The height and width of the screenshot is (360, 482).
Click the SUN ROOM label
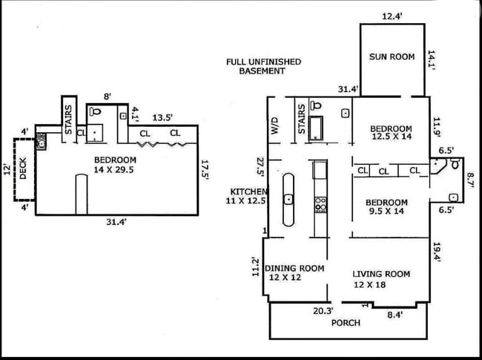(x=392, y=56)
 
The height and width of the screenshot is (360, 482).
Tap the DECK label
(x=23, y=168)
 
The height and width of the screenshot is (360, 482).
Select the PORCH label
(x=346, y=323)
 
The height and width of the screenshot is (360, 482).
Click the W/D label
(x=274, y=125)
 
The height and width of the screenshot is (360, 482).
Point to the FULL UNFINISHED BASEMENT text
(x=263, y=67)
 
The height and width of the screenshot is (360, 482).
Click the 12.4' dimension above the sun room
(x=392, y=16)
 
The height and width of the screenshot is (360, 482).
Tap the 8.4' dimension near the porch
(x=395, y=315)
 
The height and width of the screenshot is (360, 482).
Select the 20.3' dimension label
(x=323, y=311)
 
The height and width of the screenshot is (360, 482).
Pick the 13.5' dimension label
(x=162, y=117)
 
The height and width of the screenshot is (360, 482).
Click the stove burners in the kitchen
(x=320, y=205)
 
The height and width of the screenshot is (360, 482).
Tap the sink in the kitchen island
(x=288, y=199)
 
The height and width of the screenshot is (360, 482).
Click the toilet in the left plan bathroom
(x=95, y=111)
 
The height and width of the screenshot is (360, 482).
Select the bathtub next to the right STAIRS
(x=316, y=128)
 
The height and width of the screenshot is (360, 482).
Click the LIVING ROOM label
(x=381, y=274)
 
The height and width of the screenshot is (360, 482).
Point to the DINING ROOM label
(x=294, y=268)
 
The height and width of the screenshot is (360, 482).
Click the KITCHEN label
(x=248, y=192)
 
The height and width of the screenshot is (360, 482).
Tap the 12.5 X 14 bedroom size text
(x=392, y=137)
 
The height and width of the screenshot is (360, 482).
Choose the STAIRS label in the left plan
(x=69, y=120)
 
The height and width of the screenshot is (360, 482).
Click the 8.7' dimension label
(x=471, y=180)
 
